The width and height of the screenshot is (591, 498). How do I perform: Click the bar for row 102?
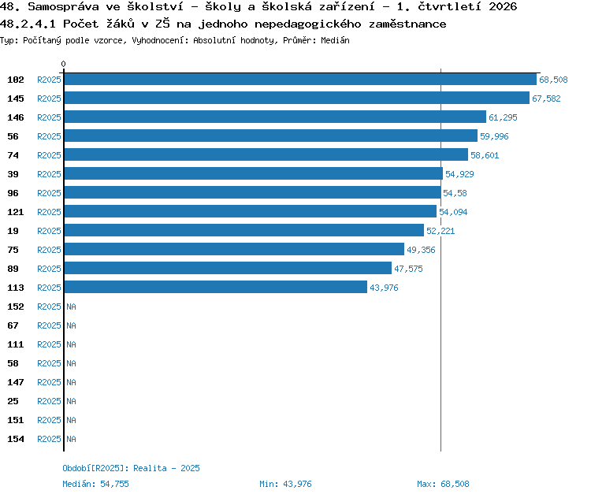coord(300,79)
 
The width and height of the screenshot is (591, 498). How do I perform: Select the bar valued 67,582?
coord(297,98)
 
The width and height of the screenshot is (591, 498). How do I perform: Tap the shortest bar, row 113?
coord(216,287)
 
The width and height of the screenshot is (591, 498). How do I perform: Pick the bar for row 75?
coord(234,249)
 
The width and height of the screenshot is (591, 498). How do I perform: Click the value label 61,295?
coord(503,117)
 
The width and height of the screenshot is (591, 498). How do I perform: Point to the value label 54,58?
coord(455,193)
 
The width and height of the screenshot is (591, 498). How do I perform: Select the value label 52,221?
coord(440,231)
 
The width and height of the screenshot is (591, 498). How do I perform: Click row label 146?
coord(16,117)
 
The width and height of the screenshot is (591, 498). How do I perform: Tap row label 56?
coord(13,136)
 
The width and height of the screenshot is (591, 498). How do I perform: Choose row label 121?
coord(16,212)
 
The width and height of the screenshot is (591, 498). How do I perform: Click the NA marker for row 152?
coord(71,307)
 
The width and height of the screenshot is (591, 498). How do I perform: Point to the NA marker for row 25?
coord(71,401)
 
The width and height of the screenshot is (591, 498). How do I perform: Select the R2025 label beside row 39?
coord(49,174)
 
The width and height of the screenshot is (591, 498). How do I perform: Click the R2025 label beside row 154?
coord(49,439)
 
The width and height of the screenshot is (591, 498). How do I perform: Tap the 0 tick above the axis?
coord(63,64)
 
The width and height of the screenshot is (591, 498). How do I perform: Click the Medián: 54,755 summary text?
coord(95,484)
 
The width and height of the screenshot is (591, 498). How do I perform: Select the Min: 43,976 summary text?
coord(285,484)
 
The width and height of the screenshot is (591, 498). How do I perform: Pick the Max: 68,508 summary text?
coord(443,484)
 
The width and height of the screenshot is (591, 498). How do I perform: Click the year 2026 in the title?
coord(503,7)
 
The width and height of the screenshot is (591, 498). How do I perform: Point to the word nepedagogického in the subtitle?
coord(307,24)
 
